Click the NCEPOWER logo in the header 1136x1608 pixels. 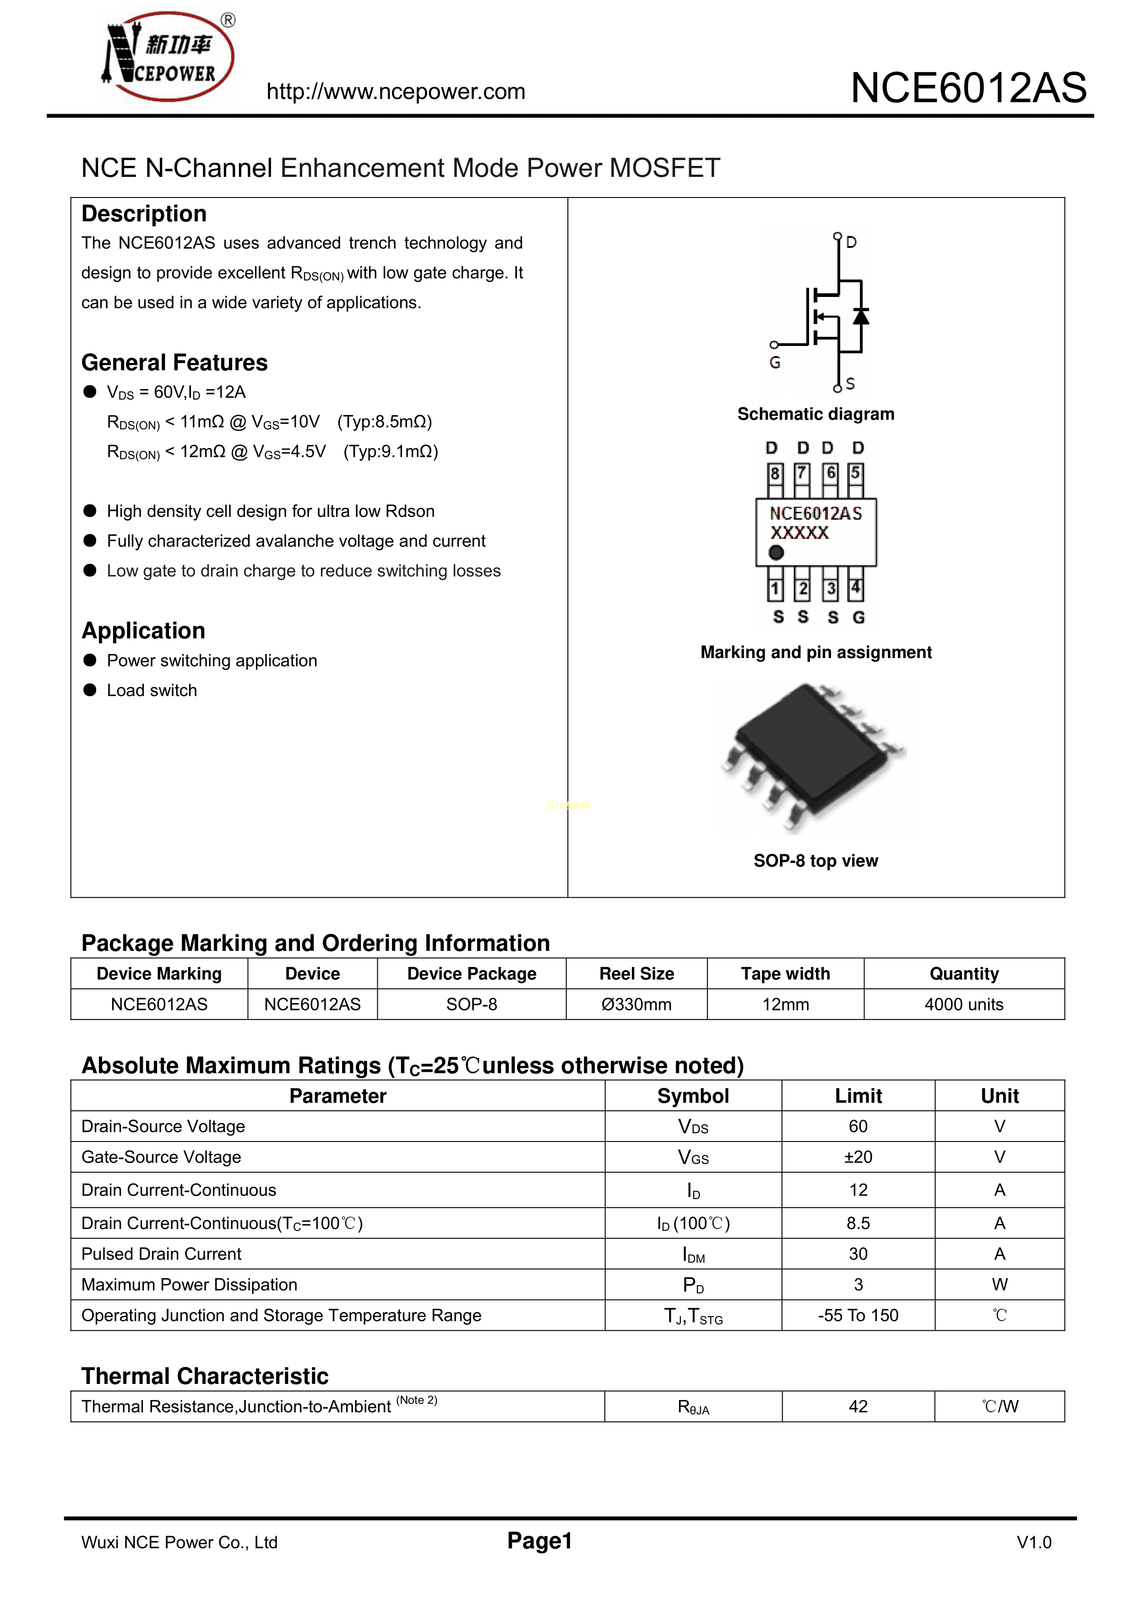click(168, 56)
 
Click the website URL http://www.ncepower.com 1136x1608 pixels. click(396, 92)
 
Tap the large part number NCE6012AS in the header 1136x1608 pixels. click(968, 88)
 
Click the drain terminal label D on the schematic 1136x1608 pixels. click(851, 242)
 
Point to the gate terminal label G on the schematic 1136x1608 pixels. click(775, 363)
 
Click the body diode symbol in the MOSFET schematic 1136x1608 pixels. click(861, 317)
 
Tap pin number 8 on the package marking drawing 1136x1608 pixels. click(775, 473)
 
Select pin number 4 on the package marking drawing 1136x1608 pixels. click(855, 587)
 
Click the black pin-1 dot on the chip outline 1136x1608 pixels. click(776, 553)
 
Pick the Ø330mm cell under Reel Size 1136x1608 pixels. click(636, 1004)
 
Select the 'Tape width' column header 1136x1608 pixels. click(785, 973)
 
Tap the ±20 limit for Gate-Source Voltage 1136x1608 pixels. click(858, 1157)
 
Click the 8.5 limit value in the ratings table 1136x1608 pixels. click(858, 1223)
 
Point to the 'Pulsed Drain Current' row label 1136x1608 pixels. click(161, 1254)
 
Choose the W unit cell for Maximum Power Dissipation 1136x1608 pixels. click(1000, 1284)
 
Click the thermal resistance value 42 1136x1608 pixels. click(858, 1406)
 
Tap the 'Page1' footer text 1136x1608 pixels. click(540, 1541)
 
